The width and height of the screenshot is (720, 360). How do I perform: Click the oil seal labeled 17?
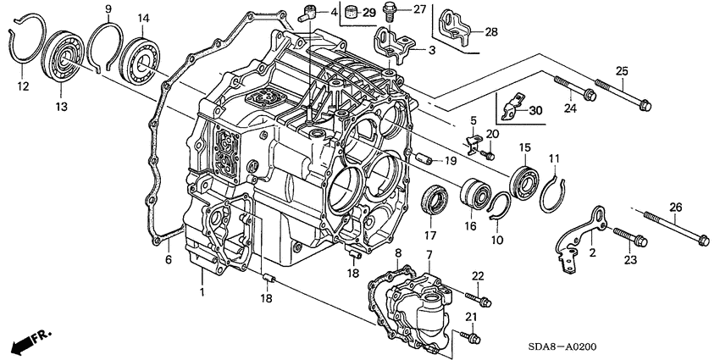pos(435,201)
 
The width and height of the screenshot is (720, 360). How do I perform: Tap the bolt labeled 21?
pos(468,335)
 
